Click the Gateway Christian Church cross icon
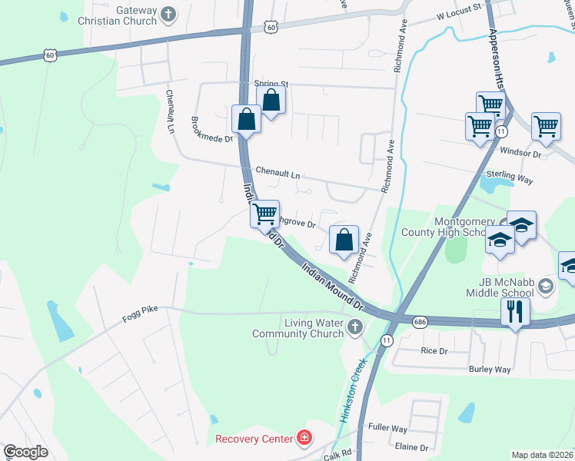click(x=168, y=13)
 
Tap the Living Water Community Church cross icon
click(x=354, y=328)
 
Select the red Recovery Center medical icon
click(x=305, y=439)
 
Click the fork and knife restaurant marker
click(x=513, y=311)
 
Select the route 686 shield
click(x=419, y=321)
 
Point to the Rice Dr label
click(x=434, y=351)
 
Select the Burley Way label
click(x=490, y=370)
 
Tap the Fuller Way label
click(x=387, y=428)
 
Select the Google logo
click(x=25, y=452)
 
